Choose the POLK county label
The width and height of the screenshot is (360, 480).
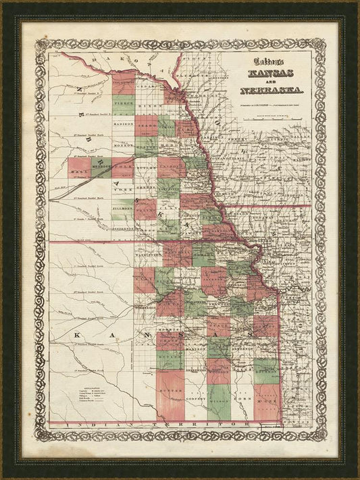[122, 165]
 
